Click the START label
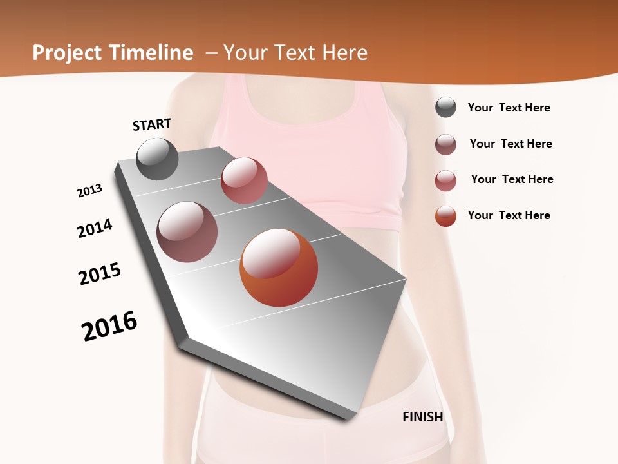152,124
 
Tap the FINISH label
423,417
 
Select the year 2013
90,191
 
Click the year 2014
95,228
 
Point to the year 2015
100,274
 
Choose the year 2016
109,327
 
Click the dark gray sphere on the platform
157,159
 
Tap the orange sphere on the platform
279,267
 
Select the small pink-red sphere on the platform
244,180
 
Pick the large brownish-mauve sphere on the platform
187,232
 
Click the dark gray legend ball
445,108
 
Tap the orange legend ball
445,216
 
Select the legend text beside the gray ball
509,108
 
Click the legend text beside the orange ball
509,215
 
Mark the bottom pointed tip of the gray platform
348,419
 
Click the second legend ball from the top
445,144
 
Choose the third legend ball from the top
445,180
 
